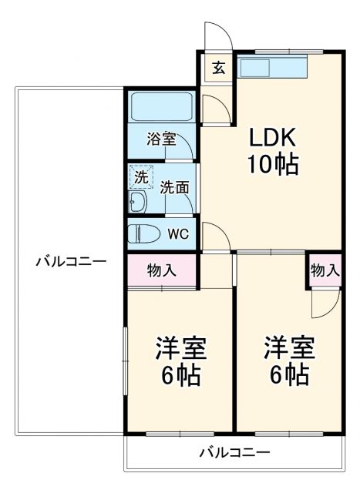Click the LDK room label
click(272, 138)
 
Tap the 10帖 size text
click(272, 164)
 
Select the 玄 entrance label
click(219, 67)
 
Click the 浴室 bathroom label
click(162, 139)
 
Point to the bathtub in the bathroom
click(161, 107)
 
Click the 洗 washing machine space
click(141, 176)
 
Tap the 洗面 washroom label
click(175, 187)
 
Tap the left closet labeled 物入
click(161, 270)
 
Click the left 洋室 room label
click(181, 348)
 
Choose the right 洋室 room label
click(289, 348)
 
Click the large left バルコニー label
click(70, 261)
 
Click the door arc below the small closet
click(324, 304)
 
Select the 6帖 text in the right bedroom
click(289, 375)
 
